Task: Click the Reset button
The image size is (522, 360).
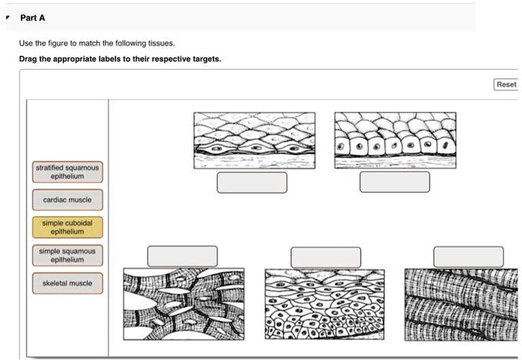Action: (x=506, y=84)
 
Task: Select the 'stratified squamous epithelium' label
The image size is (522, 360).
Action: (x=67, y=172)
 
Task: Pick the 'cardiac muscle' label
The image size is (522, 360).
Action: (x=67, y=200)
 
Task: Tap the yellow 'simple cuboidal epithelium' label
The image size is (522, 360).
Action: (x=67, y=227)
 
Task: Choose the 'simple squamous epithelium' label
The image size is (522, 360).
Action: (x=67, y=255)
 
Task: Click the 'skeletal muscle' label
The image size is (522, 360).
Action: (x=67, y=283)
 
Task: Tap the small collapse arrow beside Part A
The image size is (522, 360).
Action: (x=6, y=17)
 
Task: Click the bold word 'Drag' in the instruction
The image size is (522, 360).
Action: (x=28, y=59)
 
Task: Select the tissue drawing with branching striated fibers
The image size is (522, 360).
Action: (x=184, y=303)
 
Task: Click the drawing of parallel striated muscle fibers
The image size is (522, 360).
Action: (x=461, y=303)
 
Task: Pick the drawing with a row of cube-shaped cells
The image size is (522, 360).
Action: (x=395, y=140)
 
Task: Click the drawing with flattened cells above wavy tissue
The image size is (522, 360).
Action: (x=254, y=140)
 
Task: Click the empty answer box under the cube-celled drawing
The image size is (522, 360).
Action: (x=395, y=182)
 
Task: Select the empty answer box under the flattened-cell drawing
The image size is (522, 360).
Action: (x=252, y=182)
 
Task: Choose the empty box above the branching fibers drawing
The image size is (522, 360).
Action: (x=183, y=256)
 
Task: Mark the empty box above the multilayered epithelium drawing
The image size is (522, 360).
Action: (x=325, y=256)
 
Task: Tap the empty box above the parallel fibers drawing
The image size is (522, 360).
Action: (x=468, y=256)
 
